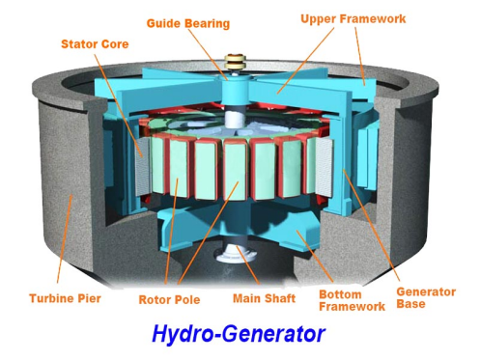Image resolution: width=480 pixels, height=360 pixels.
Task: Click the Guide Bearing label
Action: tap(188, 23)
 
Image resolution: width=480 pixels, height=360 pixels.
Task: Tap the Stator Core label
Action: tap(95, 44)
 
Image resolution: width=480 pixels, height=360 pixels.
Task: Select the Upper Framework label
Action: tap(353, 18)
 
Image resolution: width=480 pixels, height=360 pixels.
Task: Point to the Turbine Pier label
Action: tap(65, 298)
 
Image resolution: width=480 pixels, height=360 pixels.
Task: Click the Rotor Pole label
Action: tap(169, 300)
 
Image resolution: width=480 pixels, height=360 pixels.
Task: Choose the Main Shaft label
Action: tap(264, 298)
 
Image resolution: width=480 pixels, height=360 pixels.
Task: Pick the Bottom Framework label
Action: tap(352, 300)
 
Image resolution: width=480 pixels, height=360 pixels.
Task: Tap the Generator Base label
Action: tap(426, 297)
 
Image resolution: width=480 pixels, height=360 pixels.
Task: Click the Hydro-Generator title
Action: tap(239, 334)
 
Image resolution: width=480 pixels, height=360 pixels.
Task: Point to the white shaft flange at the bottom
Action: tap(237, 253)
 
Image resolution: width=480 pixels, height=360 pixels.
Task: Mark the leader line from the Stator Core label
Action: tap(118, 105)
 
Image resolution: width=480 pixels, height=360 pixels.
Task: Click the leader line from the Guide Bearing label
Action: tap(208, 55)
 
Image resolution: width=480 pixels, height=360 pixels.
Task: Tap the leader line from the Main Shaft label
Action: tap(248, 265)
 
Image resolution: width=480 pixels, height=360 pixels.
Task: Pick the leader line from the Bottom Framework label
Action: tap(315, 257)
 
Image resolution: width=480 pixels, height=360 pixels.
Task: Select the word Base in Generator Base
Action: tap(410, 304)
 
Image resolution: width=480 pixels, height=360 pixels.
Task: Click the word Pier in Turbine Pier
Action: tap(89, 298)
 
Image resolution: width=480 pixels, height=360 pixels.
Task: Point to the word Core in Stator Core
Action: tap(115, 44)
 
